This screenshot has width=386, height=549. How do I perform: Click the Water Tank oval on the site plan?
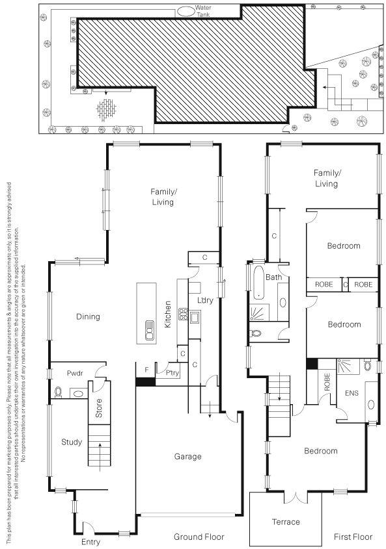pyautogui.click(x=186, y=11)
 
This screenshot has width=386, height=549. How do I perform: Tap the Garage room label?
pyautogui.click(x=187, y=457)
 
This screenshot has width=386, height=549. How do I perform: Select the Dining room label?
pyautogui.click(x=88, y=317)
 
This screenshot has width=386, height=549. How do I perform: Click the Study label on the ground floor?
pyautogui.click(x=72, y=442)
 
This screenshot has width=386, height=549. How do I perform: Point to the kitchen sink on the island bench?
pyautogui.click(x=149, y=330)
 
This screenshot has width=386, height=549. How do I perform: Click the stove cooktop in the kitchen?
pyautogui.click(x=184, y=314)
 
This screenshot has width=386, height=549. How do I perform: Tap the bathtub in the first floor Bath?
pyautogui.click(x=258, y=283)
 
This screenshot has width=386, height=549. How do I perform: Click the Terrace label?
pyautogui.click(x=286, y=522)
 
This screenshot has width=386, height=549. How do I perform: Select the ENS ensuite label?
pyautogui.click(x=352, y=393)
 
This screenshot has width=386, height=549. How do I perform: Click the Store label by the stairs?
pyautogui.click(x=99, y=408)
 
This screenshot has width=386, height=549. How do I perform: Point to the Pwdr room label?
pyautogui.click(x=75, y=373)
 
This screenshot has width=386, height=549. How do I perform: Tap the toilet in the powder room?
pyautogui.click(x=58, y=392)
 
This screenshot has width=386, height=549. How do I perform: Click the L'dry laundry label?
pyautogui.click(x=205, y=300)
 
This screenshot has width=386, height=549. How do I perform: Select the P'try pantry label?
pyautogui.click(x=172, y=373)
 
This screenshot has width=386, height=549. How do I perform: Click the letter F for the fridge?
pyautogui.click(x=146, y=370)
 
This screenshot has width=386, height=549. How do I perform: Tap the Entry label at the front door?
pyautogui.click(x=90, y=542)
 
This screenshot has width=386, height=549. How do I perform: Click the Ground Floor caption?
pyautogui.click(x=199, y=537)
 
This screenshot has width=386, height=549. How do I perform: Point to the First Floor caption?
pyautogui.click(x=353, y=537)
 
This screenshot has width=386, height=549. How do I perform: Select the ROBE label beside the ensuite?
pyautogui.click(x=327, y=382)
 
